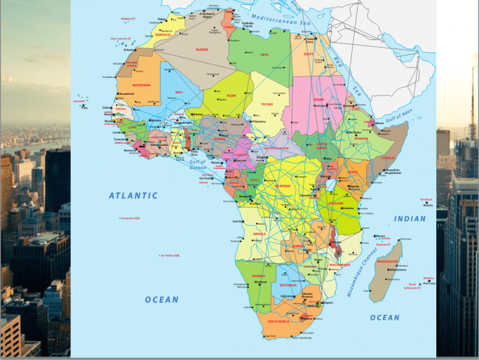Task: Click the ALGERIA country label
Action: click(x=202, y=50)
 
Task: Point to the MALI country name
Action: click(x=178, y=92)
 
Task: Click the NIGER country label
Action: click(x=231, y=95)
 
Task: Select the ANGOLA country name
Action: click(x=259, y=234)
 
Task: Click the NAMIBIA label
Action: click(x=258, y=276)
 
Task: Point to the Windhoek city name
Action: click(x=260, y=282)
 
